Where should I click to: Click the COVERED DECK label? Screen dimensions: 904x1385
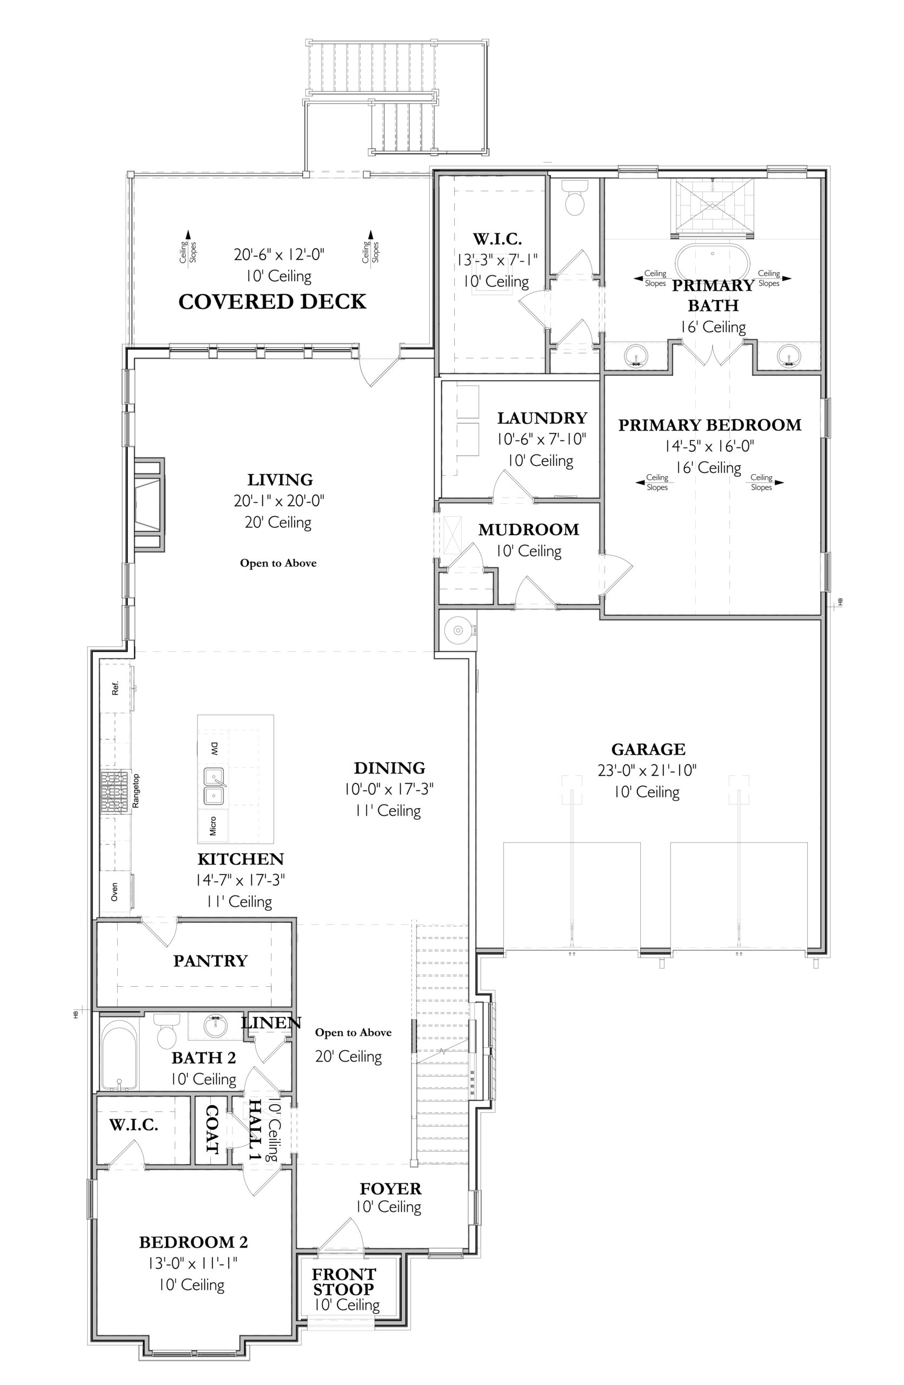(x=272, y=301)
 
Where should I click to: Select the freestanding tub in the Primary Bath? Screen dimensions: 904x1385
(x=713, y=264)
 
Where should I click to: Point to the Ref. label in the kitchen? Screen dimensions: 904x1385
(x=115, y=688)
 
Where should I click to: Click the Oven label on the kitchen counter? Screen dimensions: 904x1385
(x=115, y=892)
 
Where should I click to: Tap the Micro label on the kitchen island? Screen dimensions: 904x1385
(x=213, y=826)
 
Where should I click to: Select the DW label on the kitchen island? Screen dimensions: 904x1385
(x=214, y=749)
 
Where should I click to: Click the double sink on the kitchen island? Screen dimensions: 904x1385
(x=215, y=786)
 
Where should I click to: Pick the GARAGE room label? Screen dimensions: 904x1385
(x=648, y=749)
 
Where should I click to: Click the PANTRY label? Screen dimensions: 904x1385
(x=210, y=961)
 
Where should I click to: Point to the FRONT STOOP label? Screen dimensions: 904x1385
(x=344, y=1282)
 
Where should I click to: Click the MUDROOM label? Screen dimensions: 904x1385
(x=529, y=530)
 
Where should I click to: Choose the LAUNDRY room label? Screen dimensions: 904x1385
(x=542, y=418)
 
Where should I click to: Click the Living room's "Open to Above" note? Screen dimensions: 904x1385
(x=278, y=563)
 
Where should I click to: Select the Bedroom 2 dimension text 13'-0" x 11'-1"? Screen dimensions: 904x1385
(x=193, y=1263)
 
